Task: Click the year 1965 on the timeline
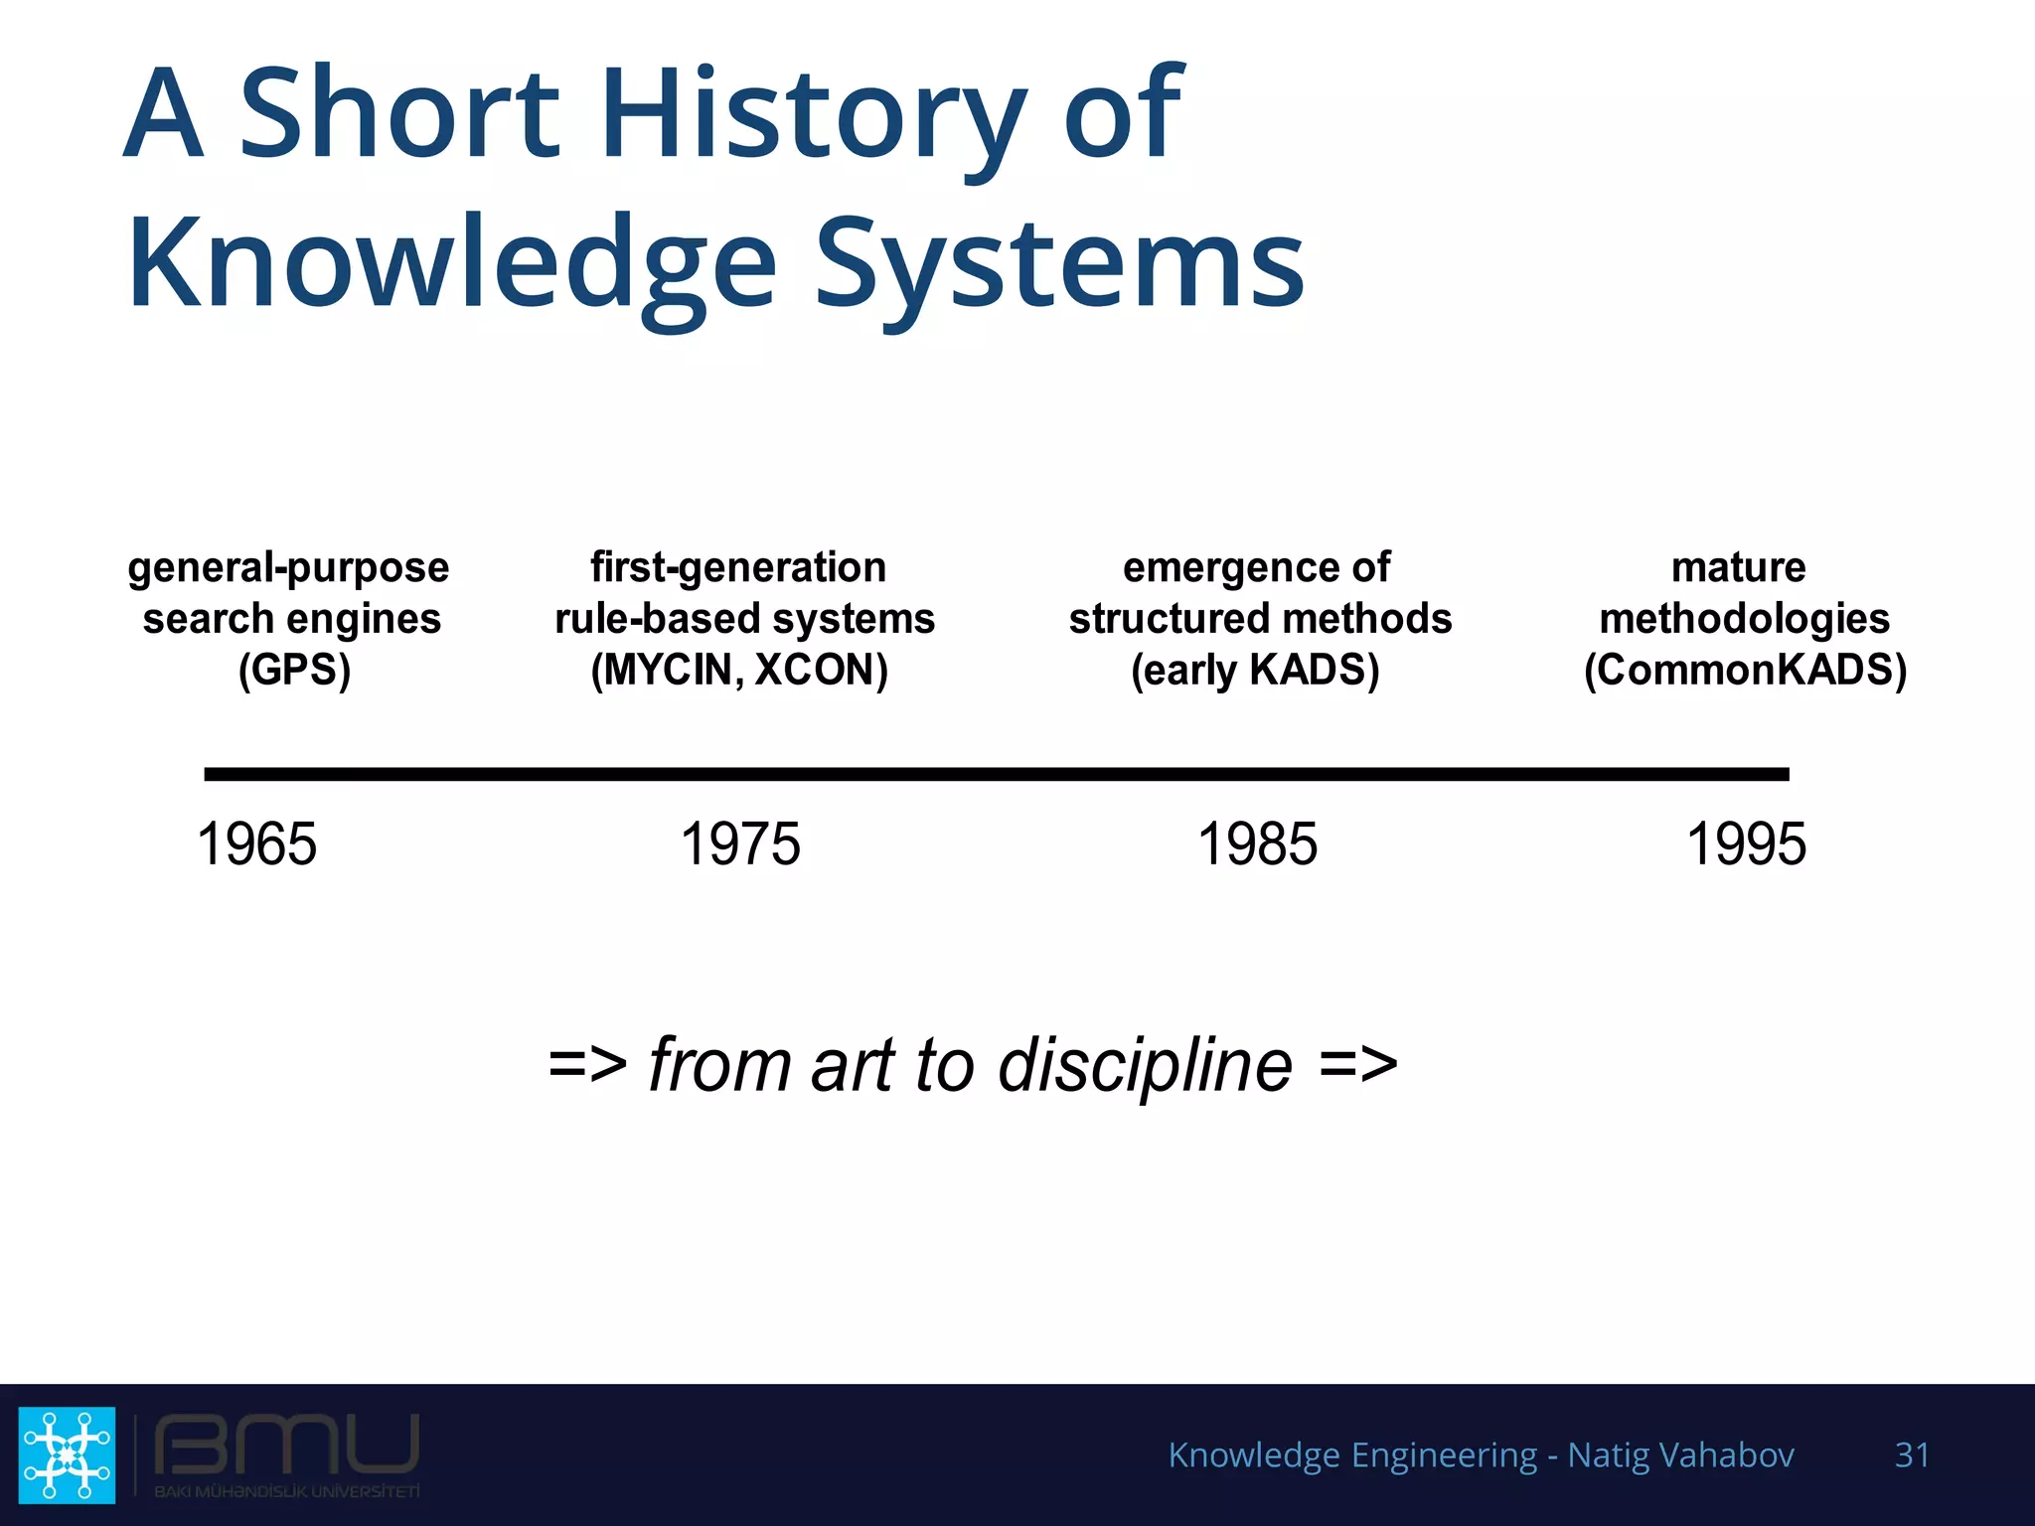point(256,844)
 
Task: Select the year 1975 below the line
point(740,844)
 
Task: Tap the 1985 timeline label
point(1257,844)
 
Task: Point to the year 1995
point(1746,844)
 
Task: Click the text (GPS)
point(294,670)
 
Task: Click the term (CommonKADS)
point(1745,670)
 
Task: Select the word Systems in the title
point(1059,263)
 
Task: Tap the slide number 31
point(1912,1454)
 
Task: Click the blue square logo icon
point(67,1454)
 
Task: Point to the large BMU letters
point(286,1445)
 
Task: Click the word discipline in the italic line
point(1145,1065)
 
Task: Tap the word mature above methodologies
point(1738,567)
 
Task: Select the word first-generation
point(738,567)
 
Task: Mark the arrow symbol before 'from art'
point(587,1065)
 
